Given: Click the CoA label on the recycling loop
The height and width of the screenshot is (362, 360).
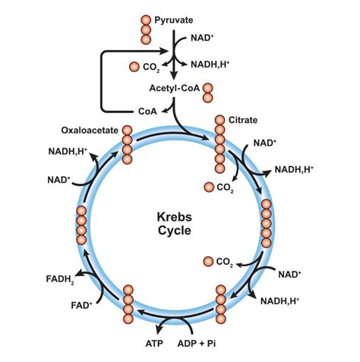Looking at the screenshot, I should click(149, 111).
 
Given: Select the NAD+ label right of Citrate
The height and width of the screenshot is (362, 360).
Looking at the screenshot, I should click(265, 143).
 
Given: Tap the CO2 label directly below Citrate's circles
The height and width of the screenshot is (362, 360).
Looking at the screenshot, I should click(226, 187).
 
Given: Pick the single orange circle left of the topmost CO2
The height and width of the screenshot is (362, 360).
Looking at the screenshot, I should click(134, 67).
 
